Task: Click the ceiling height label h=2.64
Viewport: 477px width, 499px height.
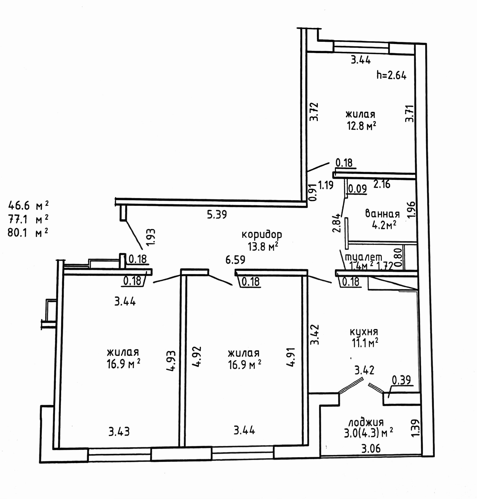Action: coord(391,75)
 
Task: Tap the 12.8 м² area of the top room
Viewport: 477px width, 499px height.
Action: coord(361,126)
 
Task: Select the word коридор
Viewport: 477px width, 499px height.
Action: coord(262,234)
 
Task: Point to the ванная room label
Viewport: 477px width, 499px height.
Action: coord(382,214)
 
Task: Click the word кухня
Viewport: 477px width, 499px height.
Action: coord(363,331)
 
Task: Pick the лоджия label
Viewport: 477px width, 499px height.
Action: coord(366,422)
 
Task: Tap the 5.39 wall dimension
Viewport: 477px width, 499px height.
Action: coord(217,215)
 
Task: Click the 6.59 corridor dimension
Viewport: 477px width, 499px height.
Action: coord(235,259)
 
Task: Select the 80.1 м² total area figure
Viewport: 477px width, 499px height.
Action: coord(28,233)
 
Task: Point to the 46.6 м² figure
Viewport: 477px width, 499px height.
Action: coord(28,206)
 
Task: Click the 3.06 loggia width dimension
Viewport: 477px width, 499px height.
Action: coord(371,449)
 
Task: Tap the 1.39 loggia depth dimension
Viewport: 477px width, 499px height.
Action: coord(416,428)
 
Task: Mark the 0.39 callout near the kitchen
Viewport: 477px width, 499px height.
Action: coord(401,380)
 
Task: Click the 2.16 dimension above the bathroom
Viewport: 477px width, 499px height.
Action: coord(382,184)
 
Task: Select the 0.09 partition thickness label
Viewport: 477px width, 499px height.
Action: coord(357,189)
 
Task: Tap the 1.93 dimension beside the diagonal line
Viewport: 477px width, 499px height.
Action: coord(151,238)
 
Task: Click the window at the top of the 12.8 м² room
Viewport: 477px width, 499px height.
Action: coord(361,48)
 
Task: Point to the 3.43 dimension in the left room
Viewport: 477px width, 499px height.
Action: coord(119,432)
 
